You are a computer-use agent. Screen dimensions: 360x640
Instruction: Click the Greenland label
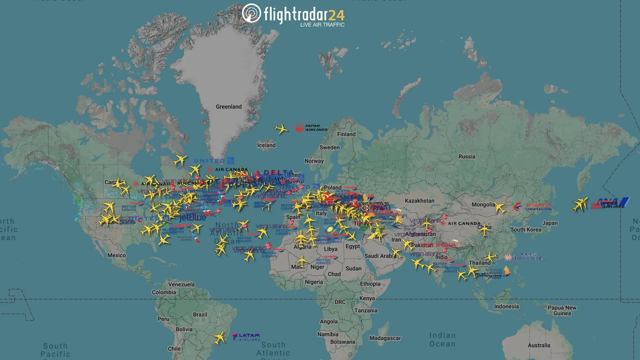click(x=228, y=107)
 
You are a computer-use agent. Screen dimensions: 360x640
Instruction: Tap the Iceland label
click(x=266, y=145)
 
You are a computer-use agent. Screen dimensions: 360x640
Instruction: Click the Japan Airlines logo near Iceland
click(x=311, y=128)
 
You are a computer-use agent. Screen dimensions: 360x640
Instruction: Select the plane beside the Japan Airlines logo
click(x=281, y=128)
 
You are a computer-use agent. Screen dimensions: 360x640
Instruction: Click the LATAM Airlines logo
click(x=246, y=337)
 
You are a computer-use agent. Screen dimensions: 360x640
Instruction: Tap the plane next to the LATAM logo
click(x=219, y=338)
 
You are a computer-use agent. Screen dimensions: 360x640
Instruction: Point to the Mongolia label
click(x=483, y=205)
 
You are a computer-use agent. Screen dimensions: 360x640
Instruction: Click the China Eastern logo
click(x=532, y=207)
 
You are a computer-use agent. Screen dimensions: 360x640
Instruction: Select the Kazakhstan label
click(x=419, y=201)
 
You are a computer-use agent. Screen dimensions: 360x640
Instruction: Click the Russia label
click(x=467, y=156)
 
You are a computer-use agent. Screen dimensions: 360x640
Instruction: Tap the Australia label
click(x=539, y=345)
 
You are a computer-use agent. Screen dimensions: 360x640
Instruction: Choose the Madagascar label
click(x=385, y=338)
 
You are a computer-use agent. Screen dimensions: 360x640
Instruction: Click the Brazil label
click(x=200, y=315)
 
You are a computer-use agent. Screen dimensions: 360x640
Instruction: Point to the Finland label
click(x=346, y=134)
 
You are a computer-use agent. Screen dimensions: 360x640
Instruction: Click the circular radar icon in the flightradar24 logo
click(x=251, y=13)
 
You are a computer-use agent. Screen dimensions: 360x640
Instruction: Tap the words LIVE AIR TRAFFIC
click(x=322, y=25)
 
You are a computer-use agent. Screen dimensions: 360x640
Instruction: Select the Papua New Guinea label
click(x=562, y=310)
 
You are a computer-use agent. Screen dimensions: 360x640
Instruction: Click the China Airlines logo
click(x=525, y=257)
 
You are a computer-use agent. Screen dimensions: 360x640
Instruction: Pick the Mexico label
click(x=117, y=255)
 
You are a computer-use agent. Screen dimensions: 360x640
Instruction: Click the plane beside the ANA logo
click(x=580, y=204)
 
